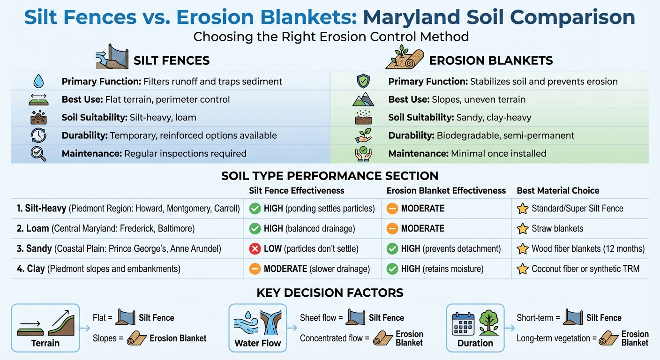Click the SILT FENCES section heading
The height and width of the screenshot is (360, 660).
(x=172, y=60)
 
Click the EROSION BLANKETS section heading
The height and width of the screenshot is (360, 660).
(x=491, y=60)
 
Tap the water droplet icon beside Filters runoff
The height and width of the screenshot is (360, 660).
(x=37, y=82)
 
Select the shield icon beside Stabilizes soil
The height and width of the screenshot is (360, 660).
(x=363, y=82)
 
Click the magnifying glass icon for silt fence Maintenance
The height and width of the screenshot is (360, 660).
(x=37, y=153)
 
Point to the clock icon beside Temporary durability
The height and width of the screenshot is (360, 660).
(x=37, y=135)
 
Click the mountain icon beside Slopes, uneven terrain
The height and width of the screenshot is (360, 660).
(x=363, y=100)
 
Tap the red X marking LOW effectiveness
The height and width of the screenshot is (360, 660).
(x=255, y=249)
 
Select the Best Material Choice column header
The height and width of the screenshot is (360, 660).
(x=558, y=190)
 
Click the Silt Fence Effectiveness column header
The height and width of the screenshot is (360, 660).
(x=297, y=190)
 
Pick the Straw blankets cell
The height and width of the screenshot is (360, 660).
(x=557, y=229)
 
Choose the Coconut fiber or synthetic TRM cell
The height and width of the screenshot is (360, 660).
(x=585, y=269)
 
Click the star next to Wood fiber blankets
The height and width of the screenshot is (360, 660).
(x=522, y=249)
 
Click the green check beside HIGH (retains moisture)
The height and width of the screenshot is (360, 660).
(x=392, y=269)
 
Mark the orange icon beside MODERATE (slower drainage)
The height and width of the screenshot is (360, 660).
(x=255, y=269)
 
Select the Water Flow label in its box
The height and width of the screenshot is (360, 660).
(x=257, y=343)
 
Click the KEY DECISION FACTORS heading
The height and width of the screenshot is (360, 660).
(x=330, y=293)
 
